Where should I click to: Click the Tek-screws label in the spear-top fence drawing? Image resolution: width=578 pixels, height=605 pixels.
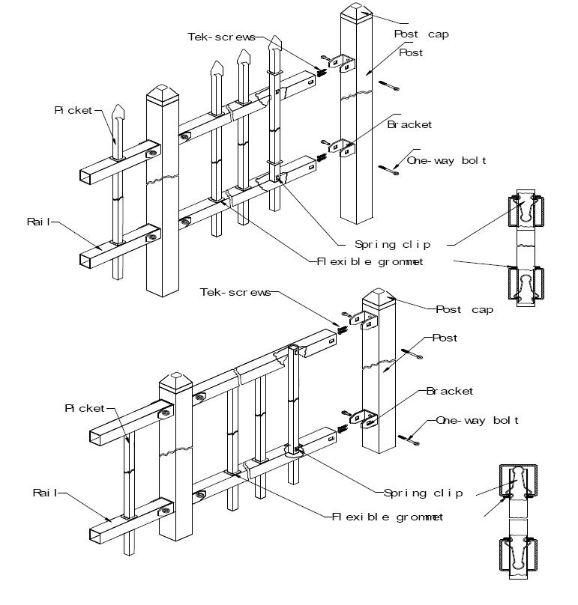(221, 37)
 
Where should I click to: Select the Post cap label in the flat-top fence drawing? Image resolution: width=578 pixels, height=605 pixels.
(464, 310)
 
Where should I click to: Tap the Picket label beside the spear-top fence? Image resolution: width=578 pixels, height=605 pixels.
(73, 111)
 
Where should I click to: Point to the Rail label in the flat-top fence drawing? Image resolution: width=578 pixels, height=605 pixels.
(45, 493)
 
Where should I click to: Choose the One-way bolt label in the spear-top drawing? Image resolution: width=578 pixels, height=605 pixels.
(446, 161)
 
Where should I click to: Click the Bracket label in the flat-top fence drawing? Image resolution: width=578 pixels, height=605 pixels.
(450, 392)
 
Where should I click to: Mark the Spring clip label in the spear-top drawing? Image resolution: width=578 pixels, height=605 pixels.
(392, 245)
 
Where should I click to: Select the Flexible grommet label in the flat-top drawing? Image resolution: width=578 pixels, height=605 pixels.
(388, 517)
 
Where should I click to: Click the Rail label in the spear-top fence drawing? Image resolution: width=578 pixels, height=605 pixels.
(39, 222)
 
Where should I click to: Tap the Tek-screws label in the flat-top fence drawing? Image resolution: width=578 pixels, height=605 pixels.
(235, 293)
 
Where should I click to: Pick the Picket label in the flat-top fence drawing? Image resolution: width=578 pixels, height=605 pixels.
(85, 409)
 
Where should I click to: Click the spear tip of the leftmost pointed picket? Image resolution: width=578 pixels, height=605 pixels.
(118, 106)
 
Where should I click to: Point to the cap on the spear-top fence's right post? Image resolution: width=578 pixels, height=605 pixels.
(356, 10)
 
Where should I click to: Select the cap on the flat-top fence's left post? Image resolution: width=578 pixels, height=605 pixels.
(175, 382)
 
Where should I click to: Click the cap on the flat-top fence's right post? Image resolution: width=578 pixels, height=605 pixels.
(379, 297)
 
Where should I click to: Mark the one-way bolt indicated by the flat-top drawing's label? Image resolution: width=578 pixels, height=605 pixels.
(409, 439)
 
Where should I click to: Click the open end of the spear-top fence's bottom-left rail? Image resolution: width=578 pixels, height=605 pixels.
(85, 261)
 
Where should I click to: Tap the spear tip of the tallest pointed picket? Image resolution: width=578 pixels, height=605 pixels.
(274, 37)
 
